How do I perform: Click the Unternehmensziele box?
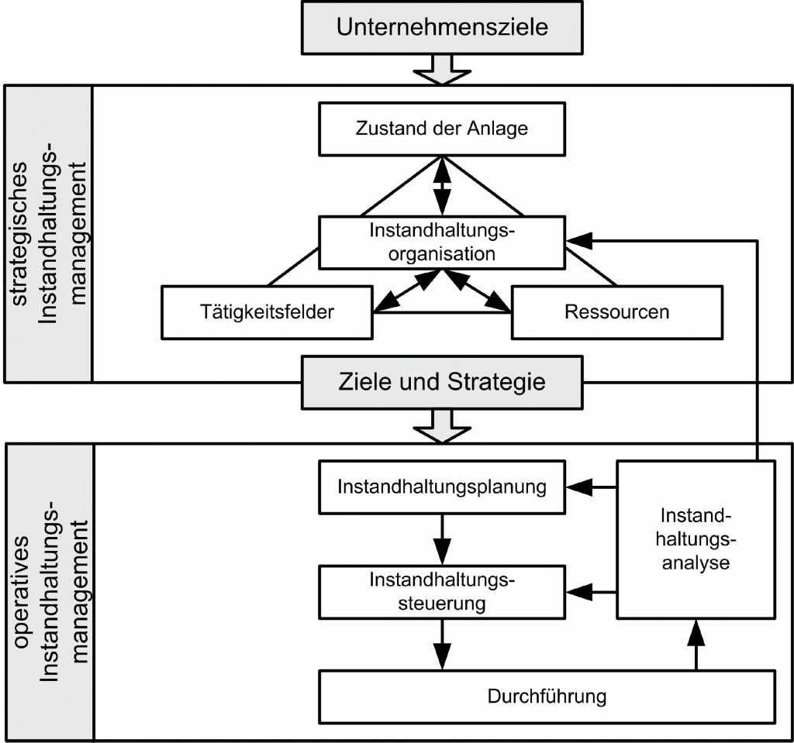point(443,29)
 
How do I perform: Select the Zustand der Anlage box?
point(443,128)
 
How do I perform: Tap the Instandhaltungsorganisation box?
point(443,242)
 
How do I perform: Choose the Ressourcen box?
point(617,312)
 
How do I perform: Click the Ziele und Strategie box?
point(443,381)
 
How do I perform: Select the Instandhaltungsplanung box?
point(443,487)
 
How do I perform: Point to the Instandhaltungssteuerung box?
point(443,591)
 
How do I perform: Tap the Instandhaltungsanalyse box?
point(696,538)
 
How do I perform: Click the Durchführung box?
point(547,695)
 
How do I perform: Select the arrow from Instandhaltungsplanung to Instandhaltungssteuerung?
point(443,539)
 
